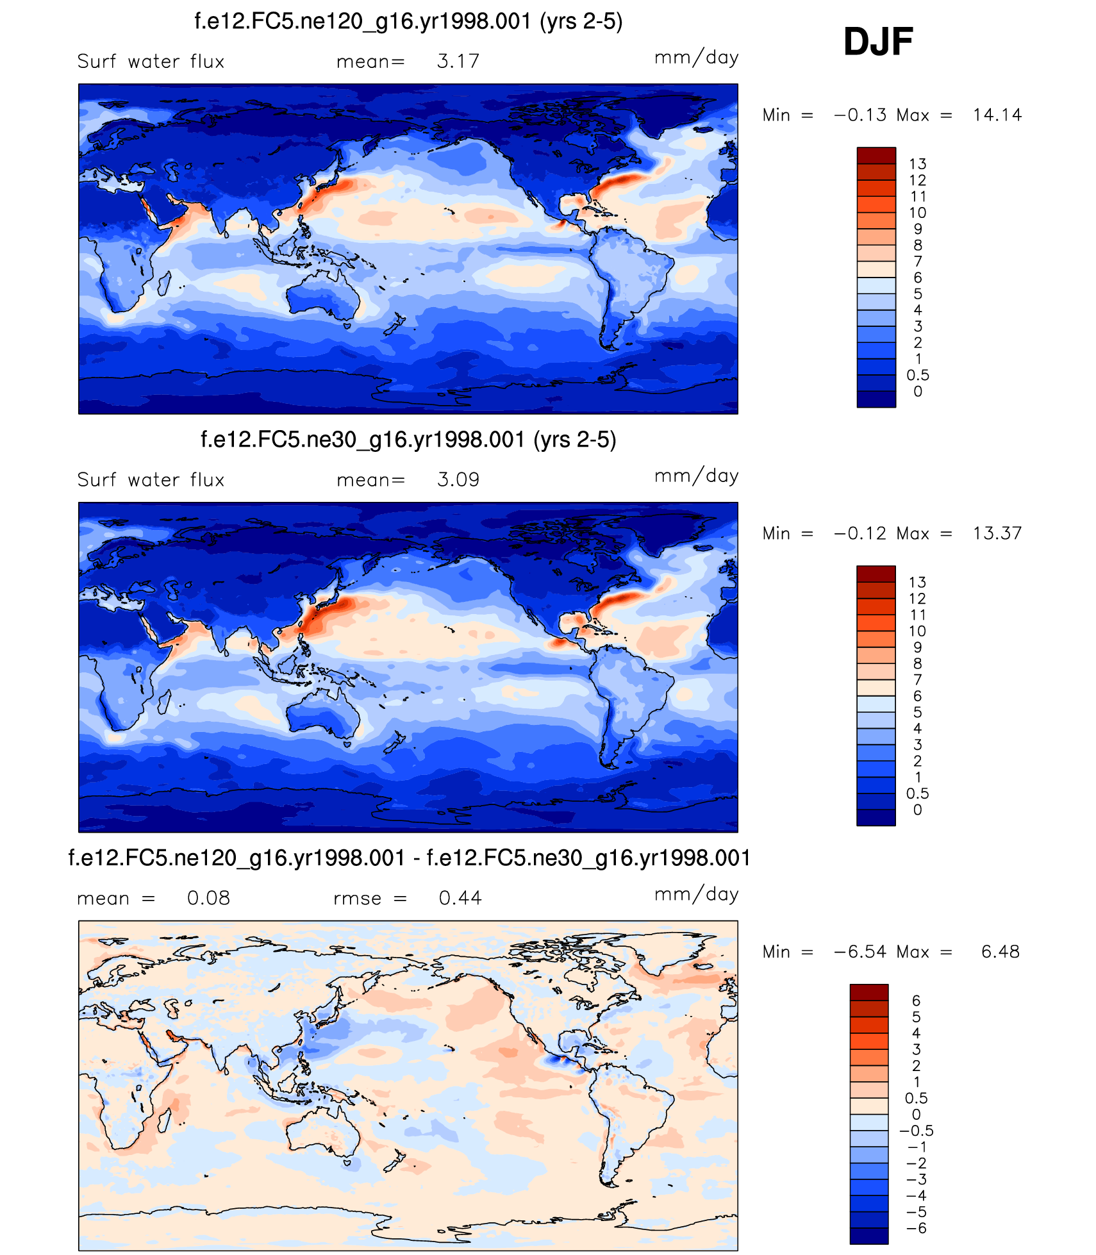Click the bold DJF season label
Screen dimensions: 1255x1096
(877, 42)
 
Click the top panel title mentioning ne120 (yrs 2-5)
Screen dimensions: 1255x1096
(408, 22)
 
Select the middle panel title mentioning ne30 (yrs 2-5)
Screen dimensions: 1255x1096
(408, 440)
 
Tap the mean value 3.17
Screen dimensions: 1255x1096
(458, 62)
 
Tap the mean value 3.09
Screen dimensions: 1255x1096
(458, 479)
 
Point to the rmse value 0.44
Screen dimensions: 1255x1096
(460, 898)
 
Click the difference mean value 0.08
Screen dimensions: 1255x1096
(208, 898)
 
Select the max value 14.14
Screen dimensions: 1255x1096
(997, 115)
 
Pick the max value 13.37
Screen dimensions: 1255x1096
(997, 533)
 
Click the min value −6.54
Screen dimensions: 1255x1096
(860, 952)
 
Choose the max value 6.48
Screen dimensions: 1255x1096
(1000, 952)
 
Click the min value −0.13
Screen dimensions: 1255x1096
(860, 115)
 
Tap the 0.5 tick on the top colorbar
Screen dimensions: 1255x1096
(917, 375)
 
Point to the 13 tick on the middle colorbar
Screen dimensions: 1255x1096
(917, 582)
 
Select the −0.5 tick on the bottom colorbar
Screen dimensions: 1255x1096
(917, 1131)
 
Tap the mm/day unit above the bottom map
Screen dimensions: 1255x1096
(696, 894)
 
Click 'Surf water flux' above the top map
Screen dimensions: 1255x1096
(151, 62)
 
